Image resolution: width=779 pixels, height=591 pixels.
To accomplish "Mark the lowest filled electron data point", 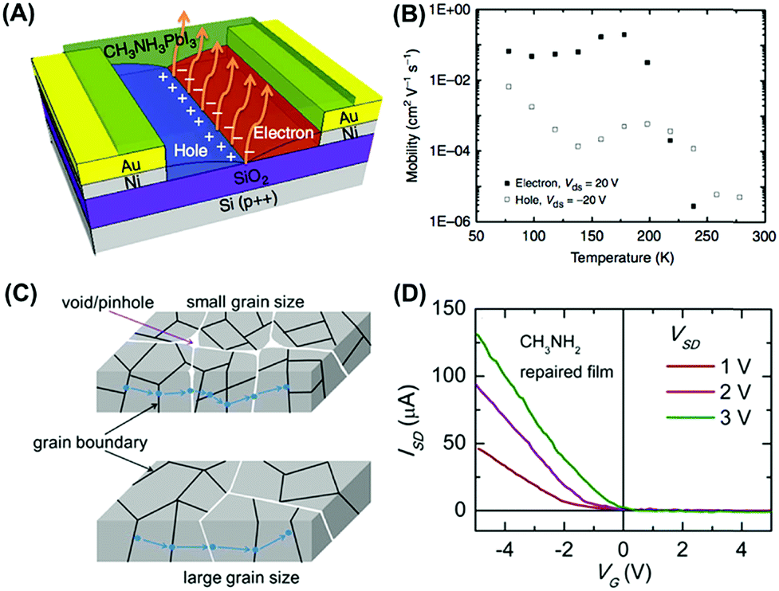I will click(694, 206).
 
